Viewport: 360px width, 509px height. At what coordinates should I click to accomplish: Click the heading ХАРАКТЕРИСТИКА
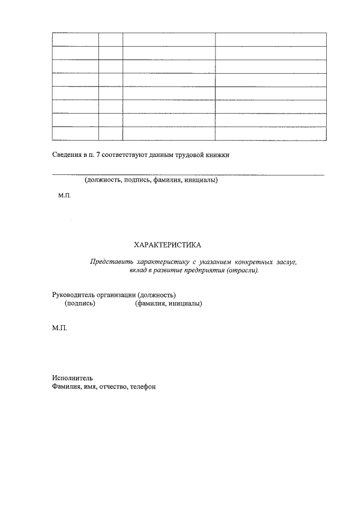[x=166, y=245]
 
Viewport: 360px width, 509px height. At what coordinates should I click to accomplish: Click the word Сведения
[x=66, y=155]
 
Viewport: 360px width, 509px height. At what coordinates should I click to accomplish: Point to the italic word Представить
[x=111, y=262]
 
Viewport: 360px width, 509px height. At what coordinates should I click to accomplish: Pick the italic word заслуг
[x=285, y=262]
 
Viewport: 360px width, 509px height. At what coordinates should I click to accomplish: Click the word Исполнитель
[x=71, y=378]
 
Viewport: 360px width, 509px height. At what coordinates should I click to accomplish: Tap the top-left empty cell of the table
[x=75, y=39]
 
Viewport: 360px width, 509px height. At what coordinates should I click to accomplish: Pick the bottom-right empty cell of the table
[x=271, y=133]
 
